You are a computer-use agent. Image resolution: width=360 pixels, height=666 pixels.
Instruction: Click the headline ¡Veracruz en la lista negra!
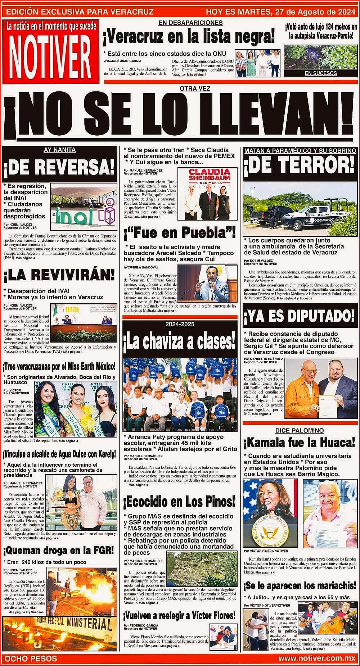[x=189, y=37]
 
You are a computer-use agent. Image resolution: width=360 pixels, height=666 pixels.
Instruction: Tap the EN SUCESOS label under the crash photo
[x=321, y=73]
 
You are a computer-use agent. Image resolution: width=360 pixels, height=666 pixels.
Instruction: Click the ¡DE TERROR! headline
[x=300, y=166]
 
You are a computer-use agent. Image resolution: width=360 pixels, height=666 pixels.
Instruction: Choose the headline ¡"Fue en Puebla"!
[x=180, y=233]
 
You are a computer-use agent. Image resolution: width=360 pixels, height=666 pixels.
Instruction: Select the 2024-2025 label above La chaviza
[x=180, y=324]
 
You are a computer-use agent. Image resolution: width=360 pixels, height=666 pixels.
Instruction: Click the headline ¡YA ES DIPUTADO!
[x=300, y=317]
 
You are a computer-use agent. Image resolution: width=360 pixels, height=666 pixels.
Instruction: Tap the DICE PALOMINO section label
[x=300, y=431]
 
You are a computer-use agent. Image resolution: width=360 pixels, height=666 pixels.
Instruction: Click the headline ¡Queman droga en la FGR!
[x=59, y=550]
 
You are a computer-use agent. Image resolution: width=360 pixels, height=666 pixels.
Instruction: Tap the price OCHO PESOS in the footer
[x=30, y=658]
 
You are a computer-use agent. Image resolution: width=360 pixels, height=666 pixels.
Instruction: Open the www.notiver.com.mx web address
[x=317, y=658]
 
